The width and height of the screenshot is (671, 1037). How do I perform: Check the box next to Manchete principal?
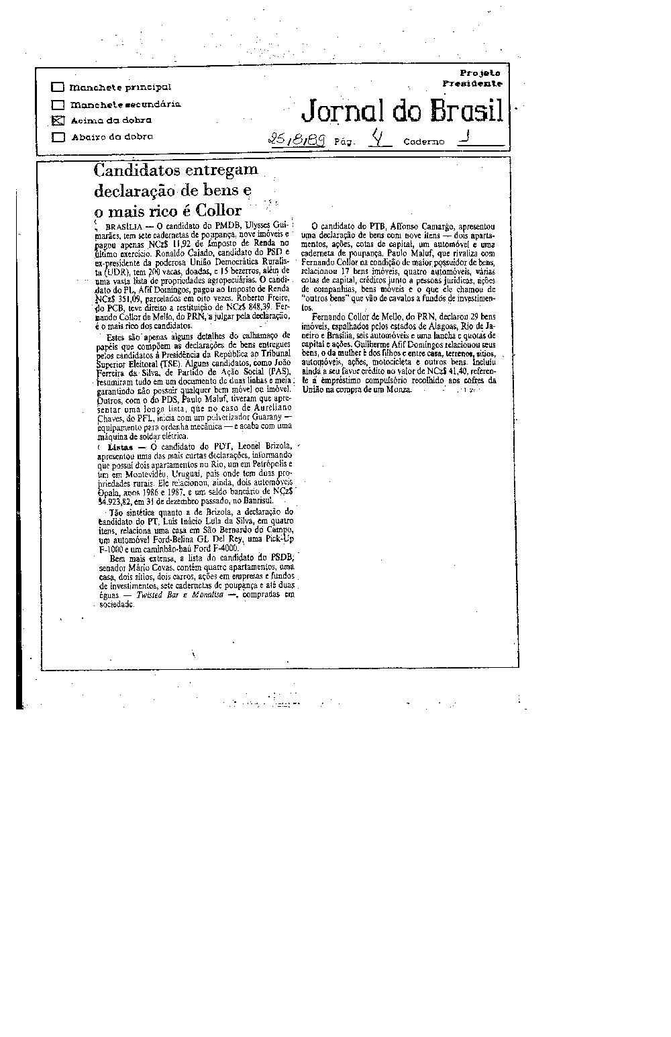(x=58, y=87)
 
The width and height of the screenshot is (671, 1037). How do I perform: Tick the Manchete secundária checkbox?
(x=58, y=105)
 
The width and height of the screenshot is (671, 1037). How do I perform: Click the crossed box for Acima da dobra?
(x=58, y=121)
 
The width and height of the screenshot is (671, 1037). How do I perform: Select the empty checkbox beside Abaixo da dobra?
(x=58, y=137)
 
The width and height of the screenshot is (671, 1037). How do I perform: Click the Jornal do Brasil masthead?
(x=402, y=111)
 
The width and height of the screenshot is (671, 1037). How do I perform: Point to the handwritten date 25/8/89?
(x=296, y=140)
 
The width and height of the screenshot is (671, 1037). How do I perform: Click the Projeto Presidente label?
(x=474, y=78)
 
